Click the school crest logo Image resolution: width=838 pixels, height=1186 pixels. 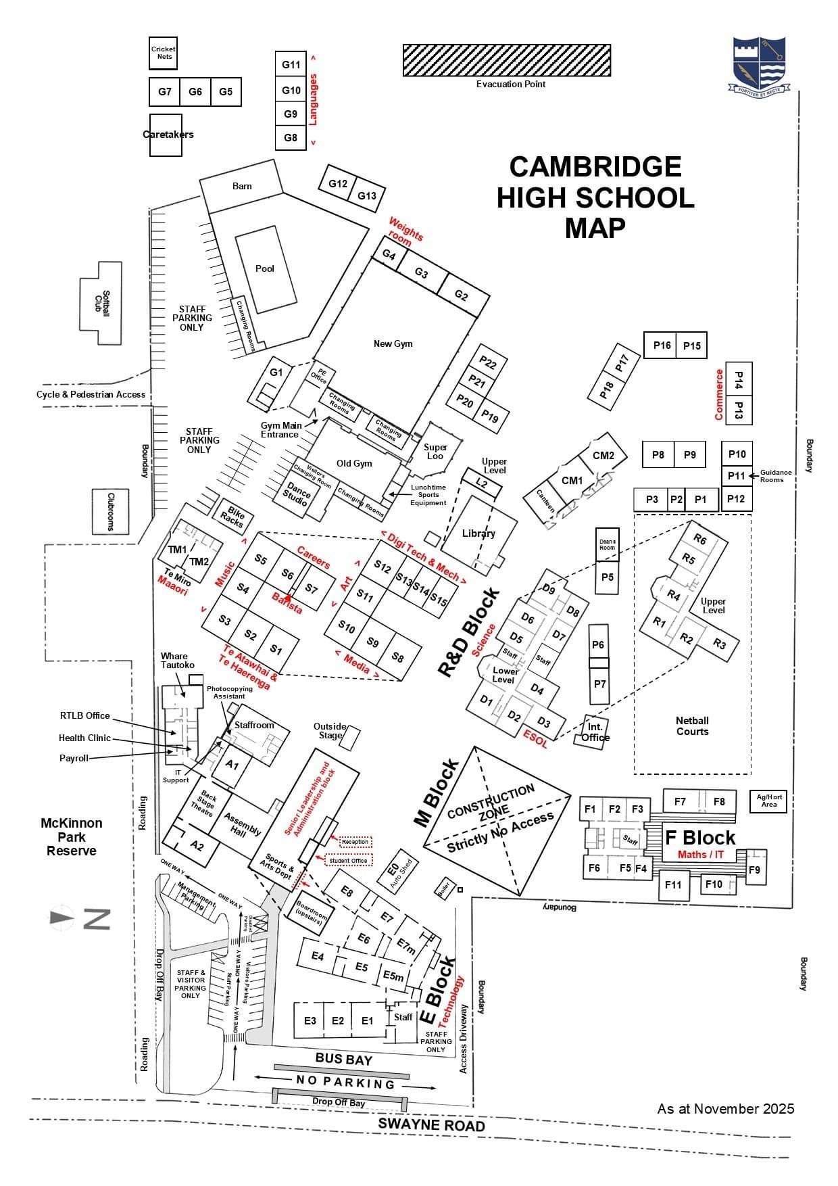pyautogui.click(x=760, y=64)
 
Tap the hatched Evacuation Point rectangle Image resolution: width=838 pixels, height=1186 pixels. pyautogui.click(x=507, y=60)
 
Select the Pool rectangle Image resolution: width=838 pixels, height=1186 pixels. pyautogui.click(x=265, y=268)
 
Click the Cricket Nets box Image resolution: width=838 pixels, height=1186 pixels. pyautogui.click(x=163, y=53)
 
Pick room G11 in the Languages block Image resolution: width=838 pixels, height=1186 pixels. pyautogui.click(x=291, y=65)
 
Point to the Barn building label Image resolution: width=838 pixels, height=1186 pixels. pyautogui.click(x=242, y=186)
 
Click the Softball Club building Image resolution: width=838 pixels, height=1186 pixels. pyautogui.click(x=102, y=303)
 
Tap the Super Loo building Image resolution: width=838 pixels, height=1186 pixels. pyautogui.click(x=435, y=451)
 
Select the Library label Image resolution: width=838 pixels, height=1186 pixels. pyautogui.click(x=478, y=533)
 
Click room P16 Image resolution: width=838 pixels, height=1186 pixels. pyautogui.click(x=662, y=346)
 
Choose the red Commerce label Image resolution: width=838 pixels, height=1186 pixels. pyautogui.click(x=719, y=394)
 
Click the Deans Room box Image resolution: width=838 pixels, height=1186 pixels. pyautogui.click(x=607, y=544)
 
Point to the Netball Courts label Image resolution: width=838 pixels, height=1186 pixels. pyautogui.click(x=692, y=726)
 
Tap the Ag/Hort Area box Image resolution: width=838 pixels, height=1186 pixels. pyautogui.click(x=768, y=801)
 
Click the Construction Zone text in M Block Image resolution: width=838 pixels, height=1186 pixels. pyautogui.click(x=491, y=803)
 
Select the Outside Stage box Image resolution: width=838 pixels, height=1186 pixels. pyautogui.click(x=349, y=738)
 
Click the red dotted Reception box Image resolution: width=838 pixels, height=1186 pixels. pyautogui.click(x=355, y=842)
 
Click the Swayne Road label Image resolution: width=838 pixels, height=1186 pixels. pyautogui.click(x=431, y=1125)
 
